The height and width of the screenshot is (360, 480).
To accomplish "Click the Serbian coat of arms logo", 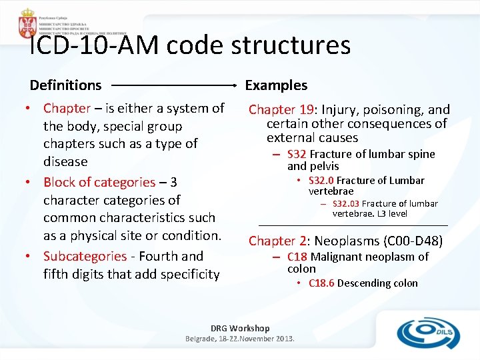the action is pyautogui.click(x=27, y=23).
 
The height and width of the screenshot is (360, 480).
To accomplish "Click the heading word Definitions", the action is pyautogui.click(x=65, y=85).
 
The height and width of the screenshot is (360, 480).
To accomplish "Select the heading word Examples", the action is pyautogui.click(x=276, y=85).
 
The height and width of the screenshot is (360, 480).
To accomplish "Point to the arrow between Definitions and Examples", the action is pyautogui.click(x=173, y=85).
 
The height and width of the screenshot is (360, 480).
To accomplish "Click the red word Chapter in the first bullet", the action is pyautogui.click(x=67, y=108).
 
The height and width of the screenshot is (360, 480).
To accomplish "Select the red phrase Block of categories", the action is pyautogui.click(x=99, y=182).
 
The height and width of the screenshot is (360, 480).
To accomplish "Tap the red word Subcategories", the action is pyautogui.click(x=85, y=256).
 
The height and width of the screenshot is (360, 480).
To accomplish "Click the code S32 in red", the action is pyautogui.click(x=296, y=154).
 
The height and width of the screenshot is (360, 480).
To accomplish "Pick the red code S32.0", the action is pyautogui.click(x=321, y=181).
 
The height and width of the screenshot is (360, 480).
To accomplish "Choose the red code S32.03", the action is pyautogui.click(x=345, y=203).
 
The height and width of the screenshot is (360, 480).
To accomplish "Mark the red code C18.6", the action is pyautogui.click(x=321, y=283).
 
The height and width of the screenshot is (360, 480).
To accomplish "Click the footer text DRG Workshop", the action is pyautogui.click(x=240, y=328).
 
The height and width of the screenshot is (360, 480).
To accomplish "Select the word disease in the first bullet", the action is pyautogui.click(x=65, y=161).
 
